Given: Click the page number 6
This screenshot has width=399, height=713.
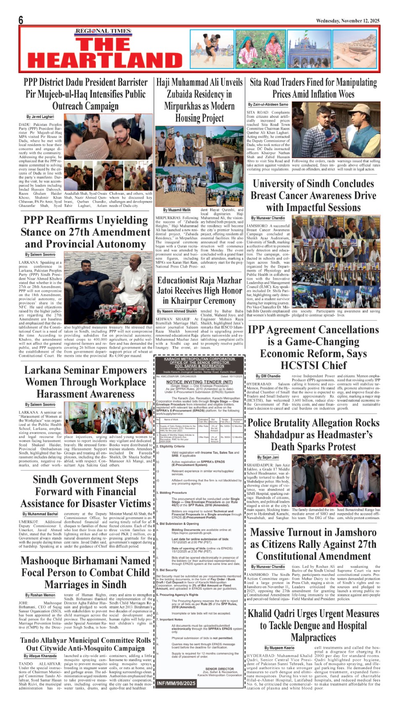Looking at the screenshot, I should (x=21, y=20).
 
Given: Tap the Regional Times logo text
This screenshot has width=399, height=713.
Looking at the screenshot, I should (x=103, y=31).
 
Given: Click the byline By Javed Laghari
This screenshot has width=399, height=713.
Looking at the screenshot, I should (x=40, y=117).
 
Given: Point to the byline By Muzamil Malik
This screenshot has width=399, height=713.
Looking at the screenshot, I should (x=177, y=210).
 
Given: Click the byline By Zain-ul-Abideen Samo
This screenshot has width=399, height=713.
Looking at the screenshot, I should (x=268, y=104).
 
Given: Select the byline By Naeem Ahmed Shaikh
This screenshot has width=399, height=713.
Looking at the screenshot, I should (x=177, y=311).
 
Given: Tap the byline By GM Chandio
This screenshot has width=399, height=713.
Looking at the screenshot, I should (x=268, y=376).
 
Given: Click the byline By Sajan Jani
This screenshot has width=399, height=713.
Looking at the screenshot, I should (x=268, y=457).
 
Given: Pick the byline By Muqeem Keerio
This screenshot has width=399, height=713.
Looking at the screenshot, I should (x=279, y=648).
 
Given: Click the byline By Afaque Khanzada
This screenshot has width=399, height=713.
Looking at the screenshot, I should (x=40, y=656).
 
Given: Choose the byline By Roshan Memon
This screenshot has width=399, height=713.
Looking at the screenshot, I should (x=40, y=595).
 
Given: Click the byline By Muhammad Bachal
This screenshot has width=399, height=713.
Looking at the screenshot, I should (x=40, y=514).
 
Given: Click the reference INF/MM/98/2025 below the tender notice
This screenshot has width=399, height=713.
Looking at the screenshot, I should (x=176, y=683).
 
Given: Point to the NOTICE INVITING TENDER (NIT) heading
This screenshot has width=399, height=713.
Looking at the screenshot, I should (x=199, y=382).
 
